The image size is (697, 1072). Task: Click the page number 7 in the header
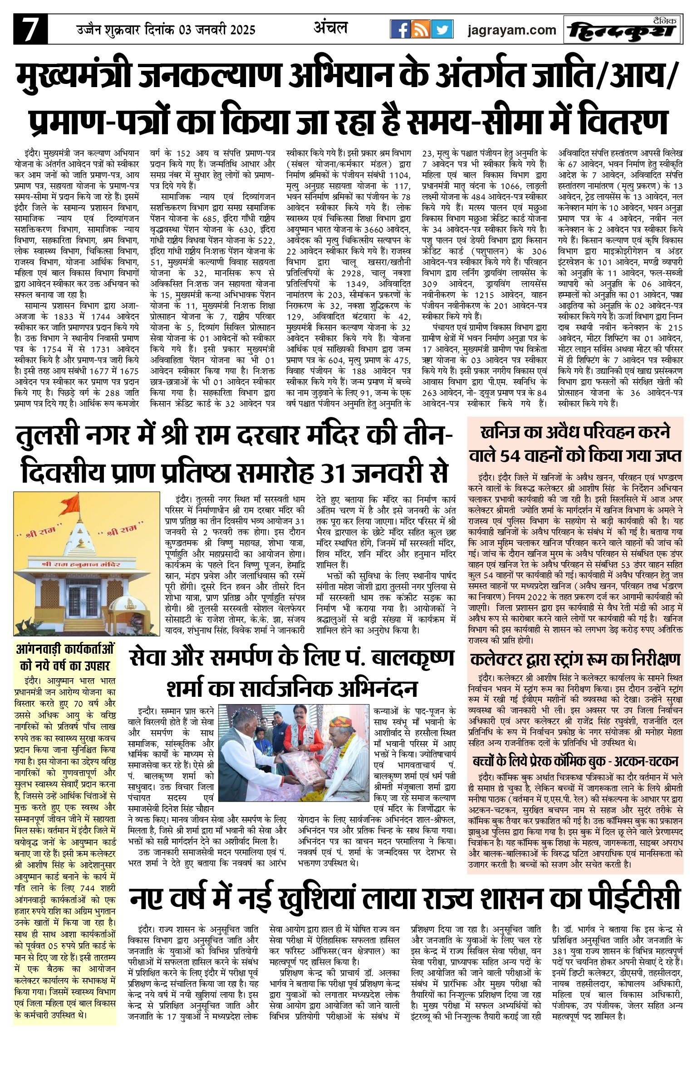(x=30, y=29)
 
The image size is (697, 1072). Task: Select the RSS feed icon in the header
(x=421, y=29)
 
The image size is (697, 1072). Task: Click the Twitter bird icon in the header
(x=442, y=29)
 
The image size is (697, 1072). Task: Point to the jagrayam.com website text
(x=511, y=30)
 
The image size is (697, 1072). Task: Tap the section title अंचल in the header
(x=330, y=28)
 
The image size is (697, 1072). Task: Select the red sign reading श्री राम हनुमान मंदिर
(x=81, y=564)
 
